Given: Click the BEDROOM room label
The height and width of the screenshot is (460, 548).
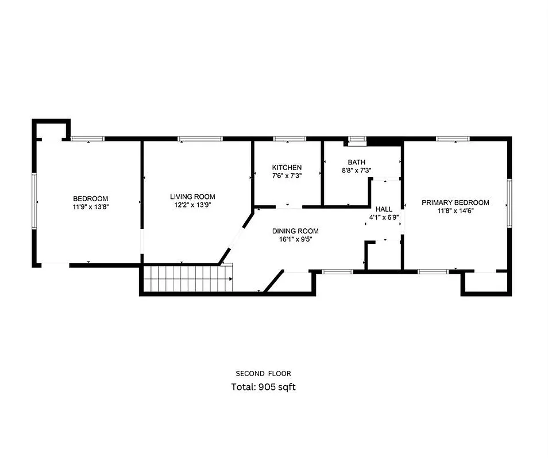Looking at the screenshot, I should coord(90,198).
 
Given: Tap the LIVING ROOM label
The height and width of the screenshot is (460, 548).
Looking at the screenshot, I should coord(196,196).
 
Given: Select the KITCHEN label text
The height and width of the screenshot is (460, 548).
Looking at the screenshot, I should coord(287,167).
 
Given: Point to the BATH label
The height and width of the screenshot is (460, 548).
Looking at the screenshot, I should coord(356,163).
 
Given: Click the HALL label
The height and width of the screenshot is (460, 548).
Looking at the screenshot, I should coord(384,209).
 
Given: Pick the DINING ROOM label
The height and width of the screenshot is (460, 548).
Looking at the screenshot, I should coord(295,231).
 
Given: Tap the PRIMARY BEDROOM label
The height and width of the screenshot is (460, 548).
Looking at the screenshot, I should coord(455,202).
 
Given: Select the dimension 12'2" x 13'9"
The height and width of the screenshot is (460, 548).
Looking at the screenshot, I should coord(196,205).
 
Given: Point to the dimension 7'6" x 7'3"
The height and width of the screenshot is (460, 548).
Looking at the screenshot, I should coord(287,175).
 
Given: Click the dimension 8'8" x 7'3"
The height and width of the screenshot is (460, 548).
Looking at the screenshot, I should coord(356,171).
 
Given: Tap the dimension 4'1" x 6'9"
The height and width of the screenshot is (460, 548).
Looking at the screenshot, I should coord(384,218).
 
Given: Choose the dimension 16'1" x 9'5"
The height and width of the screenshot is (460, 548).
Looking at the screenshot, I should coord(295,239).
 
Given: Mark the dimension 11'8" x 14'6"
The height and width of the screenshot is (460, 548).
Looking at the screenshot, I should coord(455,210).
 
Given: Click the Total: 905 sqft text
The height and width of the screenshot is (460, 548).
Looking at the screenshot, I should coord(263,387).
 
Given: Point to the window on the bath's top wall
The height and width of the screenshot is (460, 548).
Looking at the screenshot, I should coord(357,139).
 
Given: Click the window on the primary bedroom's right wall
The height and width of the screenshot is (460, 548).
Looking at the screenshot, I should coord(509,202).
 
